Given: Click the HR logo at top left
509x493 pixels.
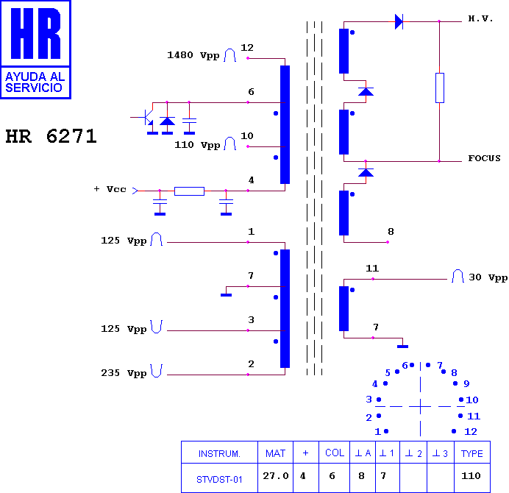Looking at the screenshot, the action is pos(36,50).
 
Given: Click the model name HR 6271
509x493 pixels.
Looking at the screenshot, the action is pos(51,136).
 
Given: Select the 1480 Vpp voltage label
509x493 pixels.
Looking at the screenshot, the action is pos(193,55).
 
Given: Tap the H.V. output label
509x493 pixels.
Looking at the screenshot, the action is pos(480,18).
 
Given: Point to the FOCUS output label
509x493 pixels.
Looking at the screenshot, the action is pos(484,158).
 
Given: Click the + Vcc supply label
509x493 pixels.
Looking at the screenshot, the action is pos(110,189).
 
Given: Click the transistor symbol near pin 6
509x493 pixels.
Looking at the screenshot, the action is pos(146,118).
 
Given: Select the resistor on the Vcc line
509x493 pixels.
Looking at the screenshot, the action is pos(189,191).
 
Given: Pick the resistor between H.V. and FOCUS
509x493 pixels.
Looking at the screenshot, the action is pos(440,88).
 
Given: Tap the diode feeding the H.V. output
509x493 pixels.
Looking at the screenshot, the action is pos(399,22).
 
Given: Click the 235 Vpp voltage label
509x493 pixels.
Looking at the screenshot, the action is pos(124,373).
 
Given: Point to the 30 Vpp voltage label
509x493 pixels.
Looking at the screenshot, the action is pos(488,277).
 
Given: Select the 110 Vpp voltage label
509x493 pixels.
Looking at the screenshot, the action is pos(197,145).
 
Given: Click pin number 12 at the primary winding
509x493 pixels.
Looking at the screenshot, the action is pos(247,47).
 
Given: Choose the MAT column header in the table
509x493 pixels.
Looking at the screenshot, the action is pos(275,453).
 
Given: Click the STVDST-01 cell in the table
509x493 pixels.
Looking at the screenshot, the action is pos(219,479).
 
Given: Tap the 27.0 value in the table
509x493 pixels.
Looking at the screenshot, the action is pos(276,476).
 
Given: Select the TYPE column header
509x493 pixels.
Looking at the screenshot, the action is pos(472,453).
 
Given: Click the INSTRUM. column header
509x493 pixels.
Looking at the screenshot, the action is pos(219,453).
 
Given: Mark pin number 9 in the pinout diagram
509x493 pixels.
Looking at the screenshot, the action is pos(466,383).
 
